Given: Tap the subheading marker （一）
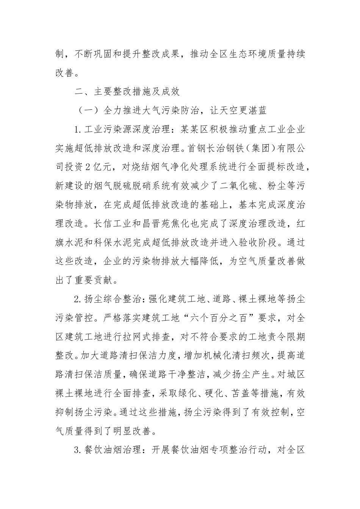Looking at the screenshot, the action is (88, 110).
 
